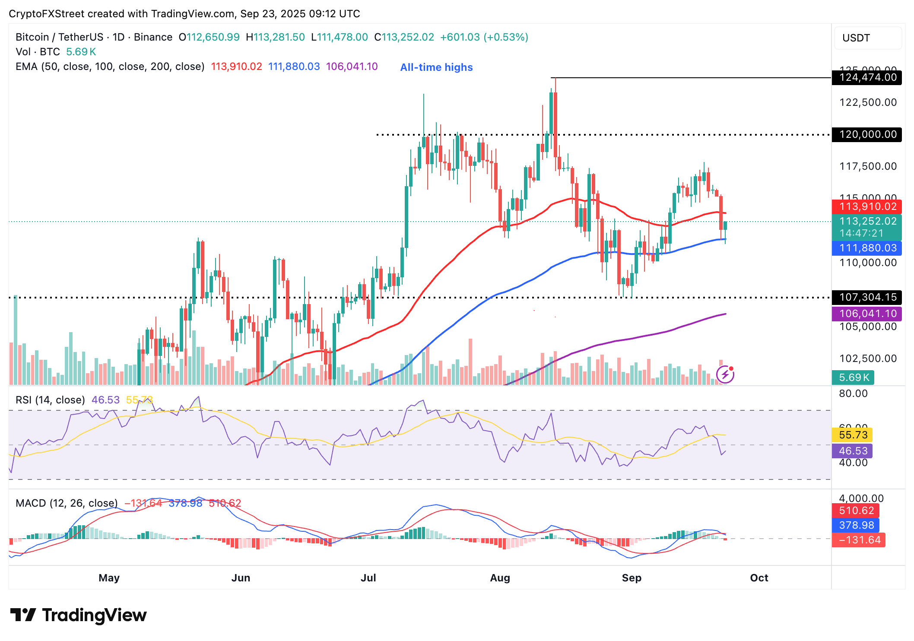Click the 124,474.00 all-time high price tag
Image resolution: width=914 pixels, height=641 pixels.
[867, 78]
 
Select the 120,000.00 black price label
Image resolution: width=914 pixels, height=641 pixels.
[867, 134]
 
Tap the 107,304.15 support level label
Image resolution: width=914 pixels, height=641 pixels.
[867, 297]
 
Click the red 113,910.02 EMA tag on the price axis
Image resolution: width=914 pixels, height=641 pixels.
[867, 206]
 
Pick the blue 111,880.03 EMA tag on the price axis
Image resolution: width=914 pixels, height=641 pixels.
[867, 248]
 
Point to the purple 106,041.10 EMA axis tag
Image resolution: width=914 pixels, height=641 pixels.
[867, 314]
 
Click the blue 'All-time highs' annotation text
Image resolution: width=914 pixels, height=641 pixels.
[436, 67]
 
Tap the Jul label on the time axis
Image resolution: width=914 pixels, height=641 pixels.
[368, 578]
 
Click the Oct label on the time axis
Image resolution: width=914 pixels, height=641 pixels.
[759, 578]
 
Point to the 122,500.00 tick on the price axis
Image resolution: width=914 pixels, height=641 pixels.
[868, 102]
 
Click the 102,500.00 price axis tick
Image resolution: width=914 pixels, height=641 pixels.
[868, 359]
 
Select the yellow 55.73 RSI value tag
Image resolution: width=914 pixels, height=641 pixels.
[853, 435]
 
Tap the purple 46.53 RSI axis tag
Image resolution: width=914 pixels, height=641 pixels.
[853, 451]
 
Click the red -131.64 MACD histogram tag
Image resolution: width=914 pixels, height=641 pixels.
[859, 540]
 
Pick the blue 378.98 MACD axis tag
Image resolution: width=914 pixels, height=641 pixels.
[856, 525]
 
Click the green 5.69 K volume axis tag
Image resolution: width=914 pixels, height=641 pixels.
[854, 378]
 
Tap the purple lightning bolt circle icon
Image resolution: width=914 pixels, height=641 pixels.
[725, 374]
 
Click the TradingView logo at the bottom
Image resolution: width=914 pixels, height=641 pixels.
[78, 615]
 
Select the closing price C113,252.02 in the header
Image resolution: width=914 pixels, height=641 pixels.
[404, 37]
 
